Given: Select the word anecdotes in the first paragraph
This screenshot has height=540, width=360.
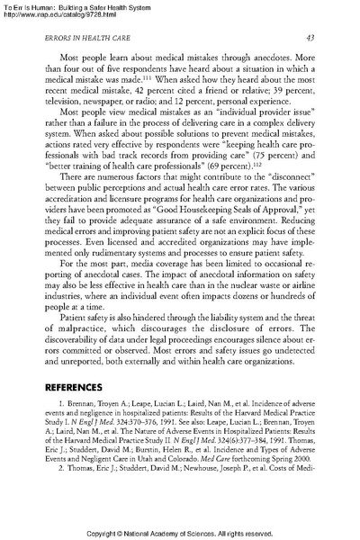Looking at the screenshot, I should pos(279,59).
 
